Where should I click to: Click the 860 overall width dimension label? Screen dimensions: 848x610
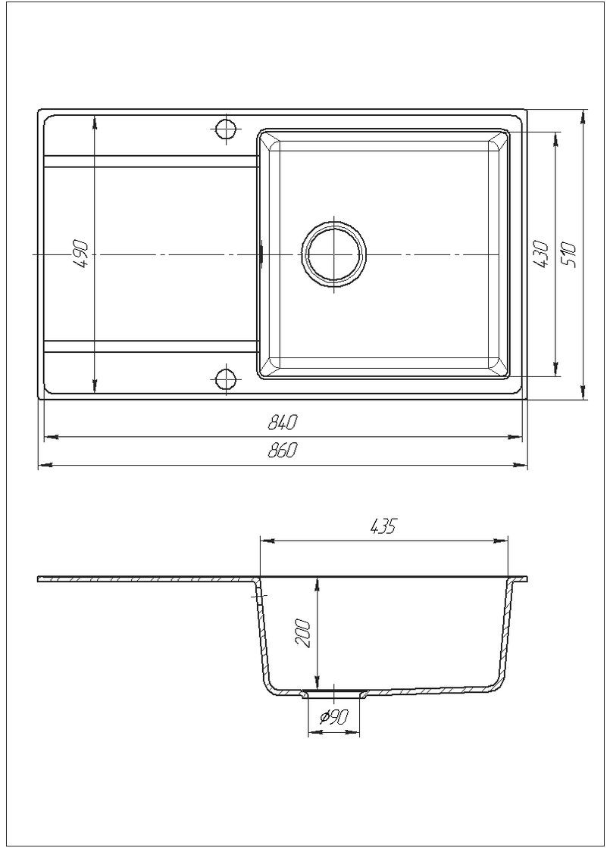[x=281, y=451]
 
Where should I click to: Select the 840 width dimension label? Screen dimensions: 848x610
[x=281, y=423]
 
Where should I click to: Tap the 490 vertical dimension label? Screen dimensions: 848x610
[x=82, y=254]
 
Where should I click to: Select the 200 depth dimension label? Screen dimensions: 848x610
[x=305, y=632]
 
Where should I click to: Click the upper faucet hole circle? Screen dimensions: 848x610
[x=226, y=129]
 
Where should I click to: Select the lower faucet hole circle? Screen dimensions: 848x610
[x=226, y=377]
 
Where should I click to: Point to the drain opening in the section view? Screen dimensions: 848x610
[x=333, y=692]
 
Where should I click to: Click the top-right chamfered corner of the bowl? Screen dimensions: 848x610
[x=499, y=139]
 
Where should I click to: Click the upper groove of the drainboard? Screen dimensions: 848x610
[x=152, y=161]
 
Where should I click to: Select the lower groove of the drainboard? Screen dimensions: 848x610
[x=152, y=346]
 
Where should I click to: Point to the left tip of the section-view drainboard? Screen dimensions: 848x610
[x=39, y=580]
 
